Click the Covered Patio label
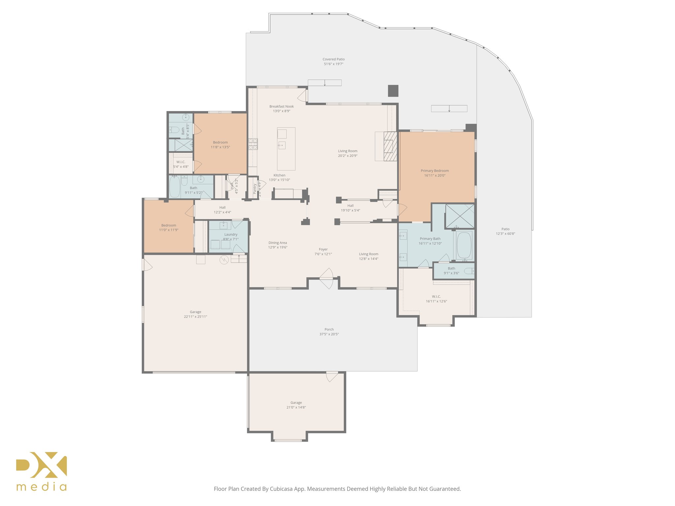coord(334,60)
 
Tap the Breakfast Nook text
coord(281,106)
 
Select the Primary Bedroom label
coord(434,171)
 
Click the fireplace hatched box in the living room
coord(390,146)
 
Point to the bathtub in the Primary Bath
coord(464,245)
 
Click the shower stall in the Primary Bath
coord(460,216)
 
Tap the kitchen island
coord(286,149)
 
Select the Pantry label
coord(255,189)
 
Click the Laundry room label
coord(231,235)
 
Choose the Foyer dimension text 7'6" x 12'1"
coord(323,254)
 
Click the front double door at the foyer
coord(326,279)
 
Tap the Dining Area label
coord(278,243)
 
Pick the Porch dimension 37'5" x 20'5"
coord(329,334)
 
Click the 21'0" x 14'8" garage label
coord(296,407)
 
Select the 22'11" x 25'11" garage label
coord(195,317)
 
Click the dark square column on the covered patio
coord(393,91)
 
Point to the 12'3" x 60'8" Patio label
coord(505,234)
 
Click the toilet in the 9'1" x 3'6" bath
coord(469,271)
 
